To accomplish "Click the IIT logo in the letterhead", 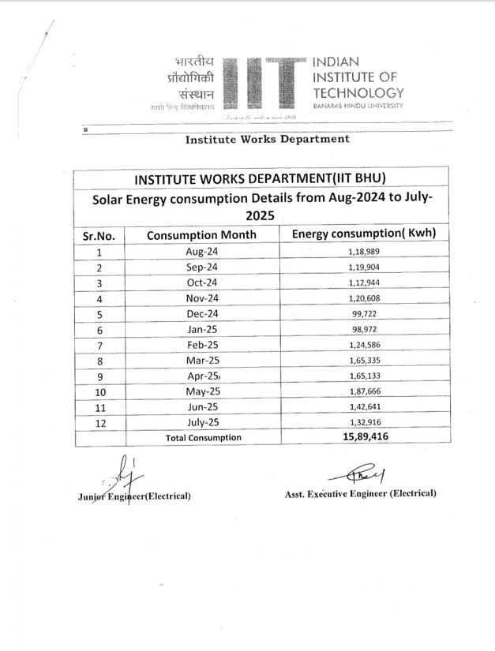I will [264, 83].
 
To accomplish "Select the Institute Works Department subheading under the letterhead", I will [267, 140].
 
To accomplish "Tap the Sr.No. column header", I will [99, 236].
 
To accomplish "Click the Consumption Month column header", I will [201, 235].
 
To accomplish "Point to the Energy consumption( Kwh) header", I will [364, 234].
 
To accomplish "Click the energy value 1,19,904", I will [364, 268].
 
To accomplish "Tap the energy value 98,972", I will [364, 330].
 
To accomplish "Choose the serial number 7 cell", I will [99, 346].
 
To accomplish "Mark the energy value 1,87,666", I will [364, 392].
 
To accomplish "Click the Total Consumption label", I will [203, 437].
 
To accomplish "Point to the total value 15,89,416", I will [364, 436].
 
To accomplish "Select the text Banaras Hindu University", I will [358, 106].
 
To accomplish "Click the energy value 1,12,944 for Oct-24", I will [364, 283].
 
